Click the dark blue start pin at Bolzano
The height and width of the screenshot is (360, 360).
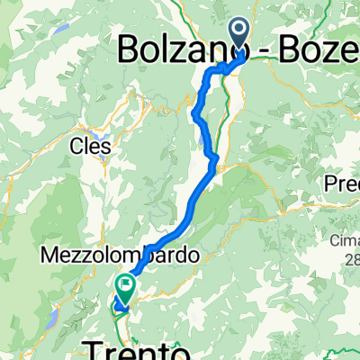coord(239,34)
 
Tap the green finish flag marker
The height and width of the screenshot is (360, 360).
coord(123,289)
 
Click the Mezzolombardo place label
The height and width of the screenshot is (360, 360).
coord(119,256)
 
